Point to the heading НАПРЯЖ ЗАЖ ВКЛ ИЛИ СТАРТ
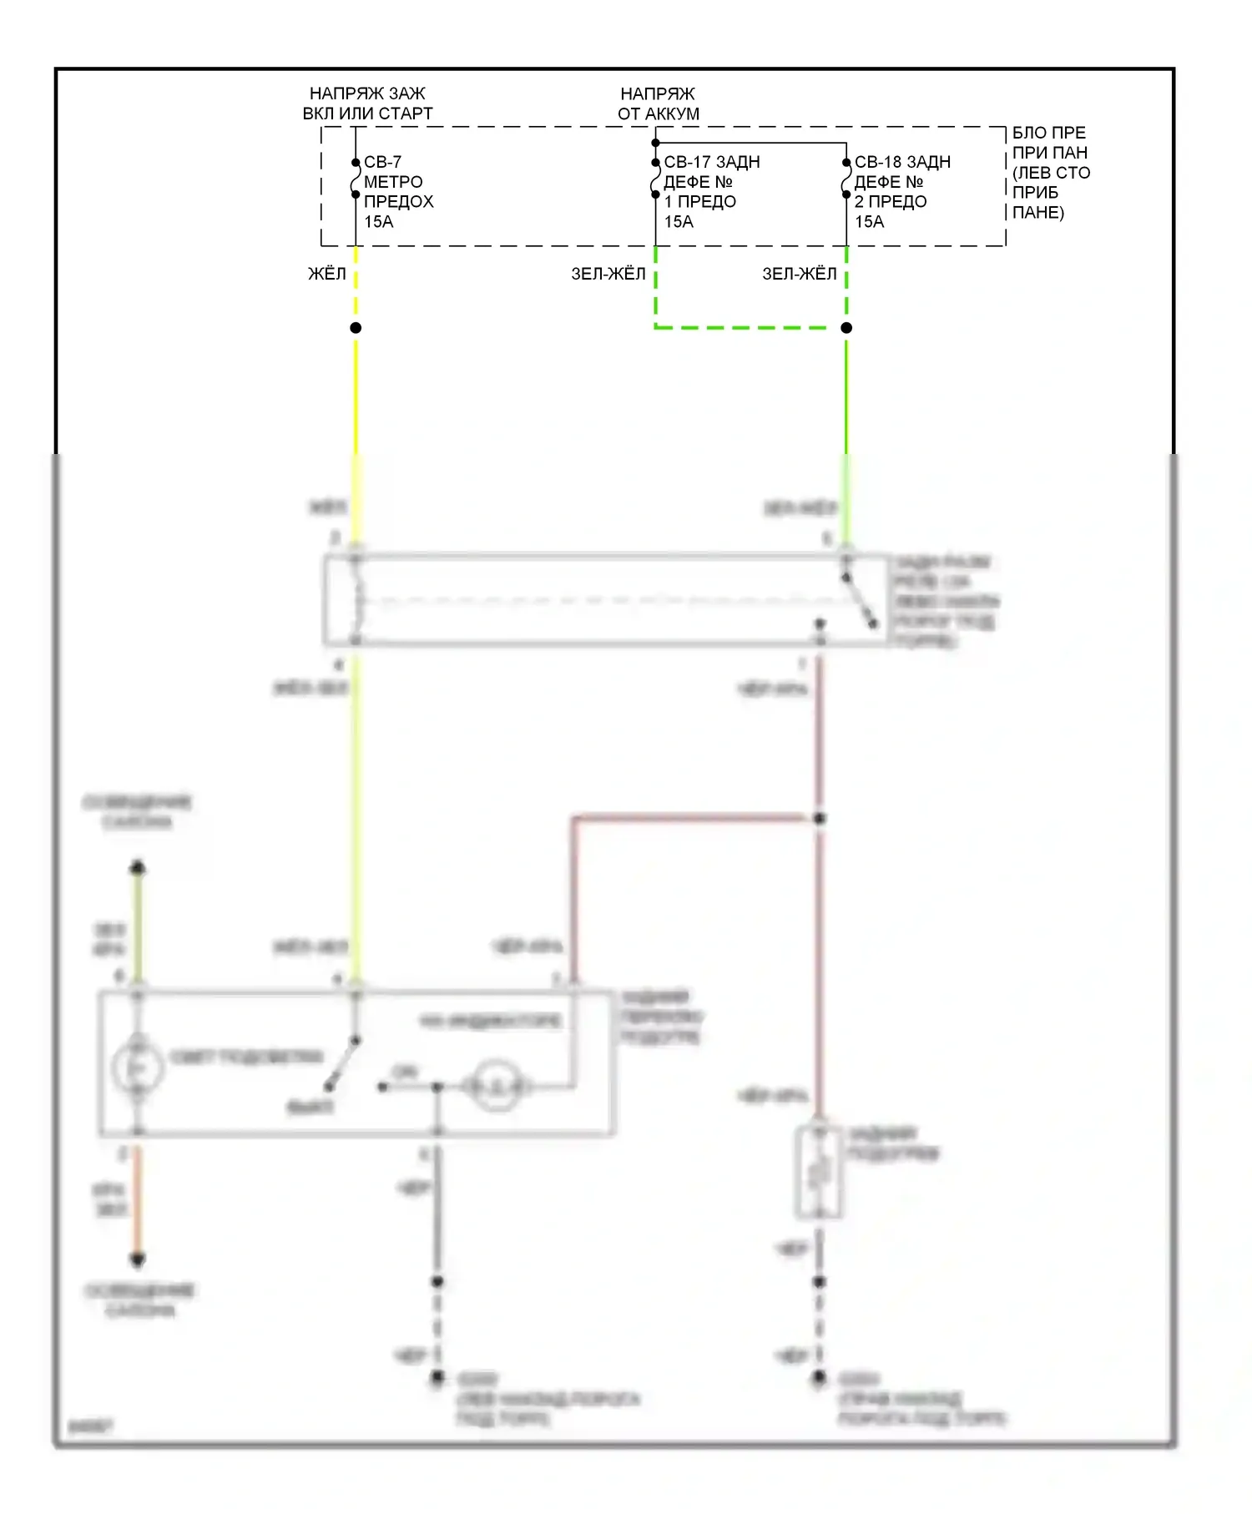(x=367, y=103)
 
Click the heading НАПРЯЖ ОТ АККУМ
(x=658, y=103)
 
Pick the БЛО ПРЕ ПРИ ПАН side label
(x=1050, y=172)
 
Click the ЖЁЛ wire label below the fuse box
(x=327, y=274)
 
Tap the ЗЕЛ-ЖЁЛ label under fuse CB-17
(x=608, y=274)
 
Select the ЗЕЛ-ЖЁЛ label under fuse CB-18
(x=799, y=274)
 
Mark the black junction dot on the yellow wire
(x=356, y=328)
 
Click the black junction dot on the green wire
(x=846, y=328)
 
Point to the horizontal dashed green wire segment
(x=750, y=327)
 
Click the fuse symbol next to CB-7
(x=356, y=179)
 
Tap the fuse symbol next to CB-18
(x=846, y=179)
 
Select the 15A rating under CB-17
(x=679, y=221)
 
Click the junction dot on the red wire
(x=820, y=819)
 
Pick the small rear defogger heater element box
(x=819, y=1172)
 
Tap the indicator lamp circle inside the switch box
(x=497, y=1087)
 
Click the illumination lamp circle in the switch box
(x=138, y=1068)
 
